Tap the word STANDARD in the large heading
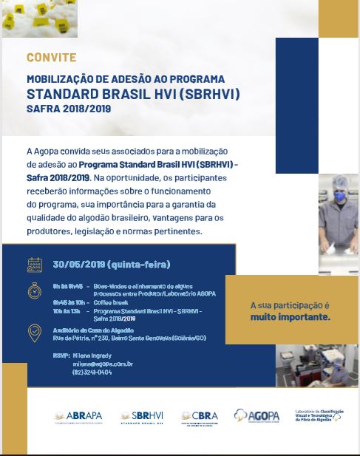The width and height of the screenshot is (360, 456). coord(60,94)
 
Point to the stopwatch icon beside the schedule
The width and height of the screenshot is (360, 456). coord(35,290)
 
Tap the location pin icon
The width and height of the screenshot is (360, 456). coord(35,333)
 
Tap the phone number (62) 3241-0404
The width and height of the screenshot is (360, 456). coord(92,372)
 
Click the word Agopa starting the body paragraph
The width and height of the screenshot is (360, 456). coord(47,150)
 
